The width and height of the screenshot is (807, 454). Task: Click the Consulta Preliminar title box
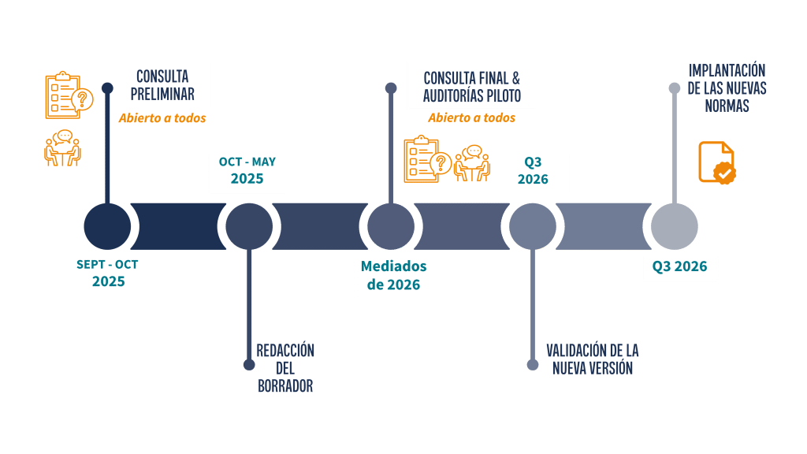(162, 84)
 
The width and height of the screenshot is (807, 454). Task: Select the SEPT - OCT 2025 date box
(109, 274)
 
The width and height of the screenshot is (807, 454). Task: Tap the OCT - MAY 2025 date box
(247, 171)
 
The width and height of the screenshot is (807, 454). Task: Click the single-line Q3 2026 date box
(679, 268)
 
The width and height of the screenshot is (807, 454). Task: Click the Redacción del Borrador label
(285, 368)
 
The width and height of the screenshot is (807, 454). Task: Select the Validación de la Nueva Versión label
(593, 359)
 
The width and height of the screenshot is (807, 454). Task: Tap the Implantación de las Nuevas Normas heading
(727, 88)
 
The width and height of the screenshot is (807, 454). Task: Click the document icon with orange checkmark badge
(716, 162)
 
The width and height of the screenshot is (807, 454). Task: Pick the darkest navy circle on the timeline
(107, 226)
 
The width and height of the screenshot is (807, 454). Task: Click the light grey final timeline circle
(674, 226)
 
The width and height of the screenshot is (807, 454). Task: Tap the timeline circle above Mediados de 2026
(391, 226)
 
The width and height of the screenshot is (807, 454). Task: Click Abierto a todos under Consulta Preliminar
(162, 118)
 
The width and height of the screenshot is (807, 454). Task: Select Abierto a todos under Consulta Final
(471, 118)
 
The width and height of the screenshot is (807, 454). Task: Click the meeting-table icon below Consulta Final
(472, 162)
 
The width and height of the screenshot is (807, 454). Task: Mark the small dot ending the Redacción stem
(249, 364)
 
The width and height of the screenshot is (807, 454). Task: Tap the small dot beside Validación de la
(533, 364)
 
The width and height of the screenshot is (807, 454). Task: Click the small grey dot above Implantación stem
(674, 87)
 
